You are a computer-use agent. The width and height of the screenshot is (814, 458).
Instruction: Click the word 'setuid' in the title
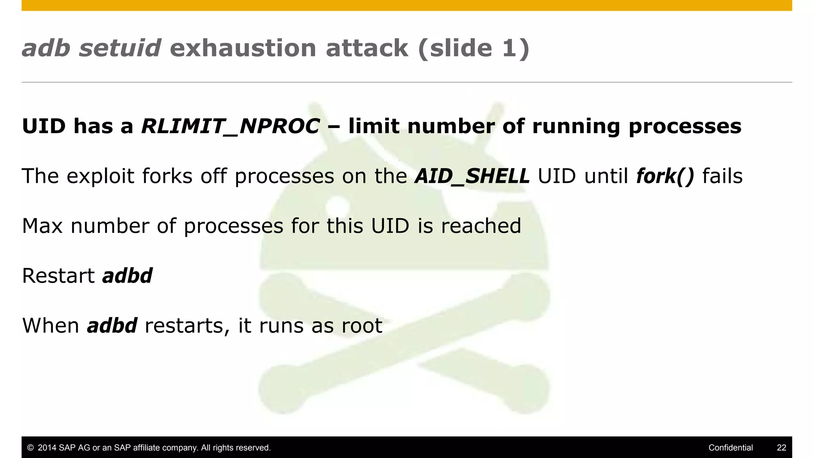click(x=120, y=48)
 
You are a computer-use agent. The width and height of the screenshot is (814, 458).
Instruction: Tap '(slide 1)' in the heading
click(x=473, y=48)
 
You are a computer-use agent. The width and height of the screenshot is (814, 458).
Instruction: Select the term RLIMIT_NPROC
click(x=231, y=126)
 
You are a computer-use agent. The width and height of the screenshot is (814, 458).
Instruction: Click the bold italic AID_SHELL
click(x=472, y=176)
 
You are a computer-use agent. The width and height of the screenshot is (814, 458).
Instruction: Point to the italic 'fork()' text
click(x=665, y=176)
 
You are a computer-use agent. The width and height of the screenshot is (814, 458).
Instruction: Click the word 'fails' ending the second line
click(x=722, y=176)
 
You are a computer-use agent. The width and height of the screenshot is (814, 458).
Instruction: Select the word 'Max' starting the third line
click(x=42, y=226)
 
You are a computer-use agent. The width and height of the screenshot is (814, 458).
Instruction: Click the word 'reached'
click(x=481, y=226)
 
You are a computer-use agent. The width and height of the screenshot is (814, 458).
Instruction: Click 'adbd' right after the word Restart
click(x=127, y=276)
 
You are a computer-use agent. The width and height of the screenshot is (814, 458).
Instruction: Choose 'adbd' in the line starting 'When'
click(x=112, y=326)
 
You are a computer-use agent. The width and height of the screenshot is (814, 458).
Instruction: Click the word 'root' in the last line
click(x=362, y=326)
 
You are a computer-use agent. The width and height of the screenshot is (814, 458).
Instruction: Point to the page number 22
click(x=781, y=448)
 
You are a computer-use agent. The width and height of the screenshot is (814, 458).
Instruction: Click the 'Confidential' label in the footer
click(x=731, y=448)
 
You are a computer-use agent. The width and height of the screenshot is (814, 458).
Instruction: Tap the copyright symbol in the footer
click(x=30, y=448)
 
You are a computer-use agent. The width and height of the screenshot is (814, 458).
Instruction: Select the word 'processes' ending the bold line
click(x=685, y=126)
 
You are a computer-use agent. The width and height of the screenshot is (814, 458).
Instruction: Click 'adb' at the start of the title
click(x=46, y=48)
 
